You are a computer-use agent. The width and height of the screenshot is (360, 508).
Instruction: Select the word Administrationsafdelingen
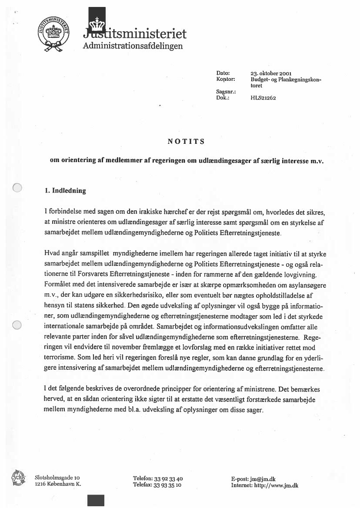(x=133, y=46)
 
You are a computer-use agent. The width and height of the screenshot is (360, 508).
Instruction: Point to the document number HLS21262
(x=263, y=98)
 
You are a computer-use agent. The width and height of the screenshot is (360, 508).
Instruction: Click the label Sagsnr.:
(x=226, y=92)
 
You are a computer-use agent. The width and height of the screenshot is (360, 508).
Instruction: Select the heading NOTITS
(x=186, y=141)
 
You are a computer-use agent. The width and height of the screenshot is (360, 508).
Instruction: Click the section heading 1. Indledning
(x=65, y=191)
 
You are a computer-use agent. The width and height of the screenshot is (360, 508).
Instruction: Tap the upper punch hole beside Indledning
(x=17, y=188)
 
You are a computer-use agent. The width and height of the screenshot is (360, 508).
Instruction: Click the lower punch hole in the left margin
(x=17, y=325)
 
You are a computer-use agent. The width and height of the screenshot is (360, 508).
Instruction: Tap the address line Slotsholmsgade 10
(x=57, y=478)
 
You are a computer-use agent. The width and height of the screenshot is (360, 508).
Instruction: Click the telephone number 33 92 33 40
(x=167, y=478)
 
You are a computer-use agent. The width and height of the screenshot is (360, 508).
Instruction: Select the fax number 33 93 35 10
(x=167, y=485)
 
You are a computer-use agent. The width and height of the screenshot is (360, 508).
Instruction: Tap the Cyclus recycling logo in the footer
(x=19, y=479)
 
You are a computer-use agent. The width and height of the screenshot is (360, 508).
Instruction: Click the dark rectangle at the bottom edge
(x=96, y=500)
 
